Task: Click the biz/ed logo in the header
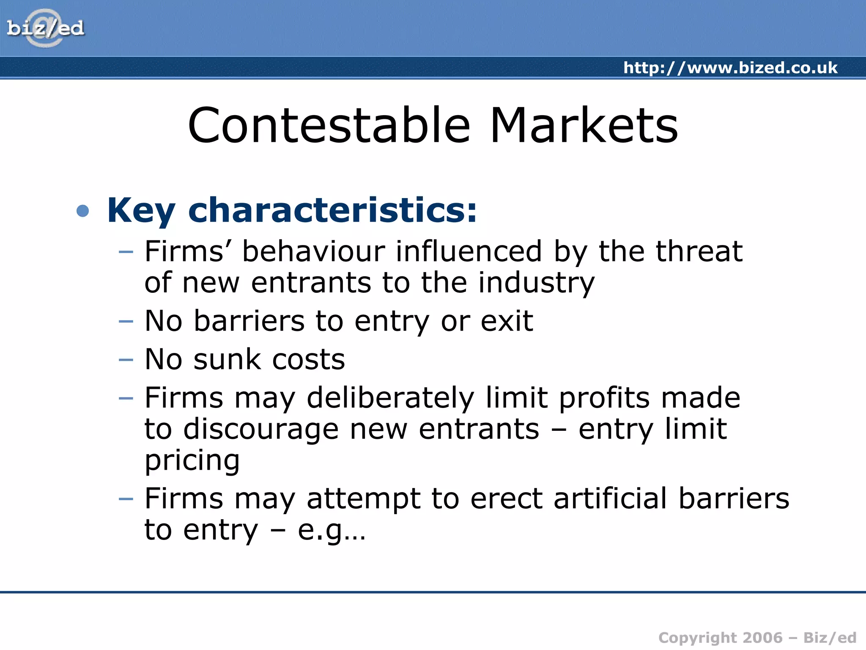(x=45, y=28)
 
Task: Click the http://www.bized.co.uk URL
(x=730, y=68)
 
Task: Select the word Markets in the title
(x=584, y=125)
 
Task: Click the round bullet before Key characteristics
(x=83, y=211)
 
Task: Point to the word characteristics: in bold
(x=332, y=210)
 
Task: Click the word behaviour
(x=313, y=251)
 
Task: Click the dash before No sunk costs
(x=126, y=360)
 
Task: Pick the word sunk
(x=227, y=360)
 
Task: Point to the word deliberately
(x=390, y=398)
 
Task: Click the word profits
(x=604, y=398)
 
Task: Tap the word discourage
(x=261, y=430)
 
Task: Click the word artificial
(x=610, y=499)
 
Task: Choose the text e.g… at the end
(x=331, y=530)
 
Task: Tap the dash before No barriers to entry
(x=126, y=321)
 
